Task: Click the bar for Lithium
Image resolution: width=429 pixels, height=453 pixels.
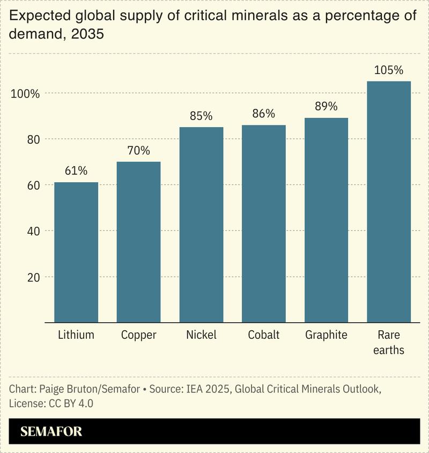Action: [x=76, y=253]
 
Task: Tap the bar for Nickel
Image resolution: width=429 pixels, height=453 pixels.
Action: [x=201, y=225]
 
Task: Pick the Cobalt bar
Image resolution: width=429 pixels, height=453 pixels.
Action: [x=263, y=224]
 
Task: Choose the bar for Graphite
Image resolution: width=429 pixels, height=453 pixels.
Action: [x=326, y=220]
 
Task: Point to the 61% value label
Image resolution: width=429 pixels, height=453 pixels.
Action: [x=76, y=171]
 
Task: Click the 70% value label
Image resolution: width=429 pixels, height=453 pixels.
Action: [x=138, y=151]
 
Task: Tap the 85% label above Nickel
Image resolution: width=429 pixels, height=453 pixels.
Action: [x=201, y=116]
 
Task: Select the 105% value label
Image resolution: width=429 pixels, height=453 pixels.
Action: [x=389, y=70]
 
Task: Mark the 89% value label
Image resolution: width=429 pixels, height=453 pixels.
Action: [x=326, y=107]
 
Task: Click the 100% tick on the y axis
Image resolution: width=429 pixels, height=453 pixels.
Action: [x=25, y=94]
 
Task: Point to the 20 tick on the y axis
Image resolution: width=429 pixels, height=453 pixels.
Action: [x=33, y=278]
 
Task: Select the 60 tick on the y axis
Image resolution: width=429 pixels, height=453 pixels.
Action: [x=33, y=185]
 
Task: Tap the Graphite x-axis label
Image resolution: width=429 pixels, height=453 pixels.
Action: [x=326, y=335]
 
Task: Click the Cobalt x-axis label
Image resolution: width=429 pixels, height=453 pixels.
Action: [x=263, y=335]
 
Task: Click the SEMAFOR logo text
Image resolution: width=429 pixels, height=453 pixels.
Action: [x=51, y=432]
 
